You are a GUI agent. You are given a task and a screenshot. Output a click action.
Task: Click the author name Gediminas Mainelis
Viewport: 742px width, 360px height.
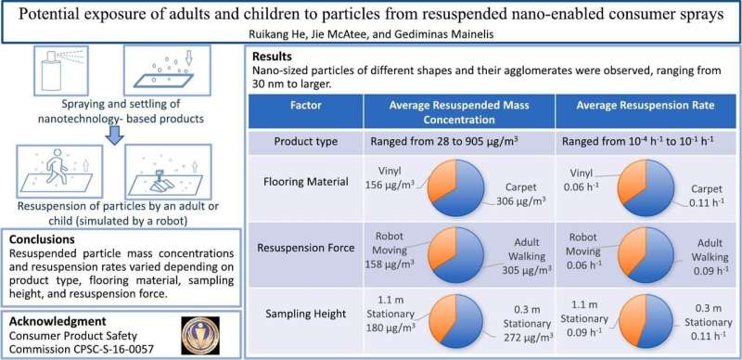point(463,32)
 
